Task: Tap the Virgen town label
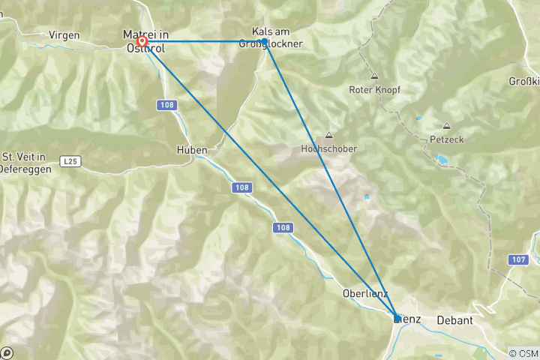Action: (64, 35)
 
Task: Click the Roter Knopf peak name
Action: (375, 90)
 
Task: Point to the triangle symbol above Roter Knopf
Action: (373, 76)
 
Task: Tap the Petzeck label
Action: (447, 139)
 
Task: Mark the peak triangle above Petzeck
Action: (447, 126)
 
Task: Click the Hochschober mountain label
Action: (328, 148)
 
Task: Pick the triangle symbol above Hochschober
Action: (328, 136)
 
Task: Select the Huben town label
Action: (192, 150)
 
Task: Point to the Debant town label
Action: (454, 320)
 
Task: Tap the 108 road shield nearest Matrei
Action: (168, 106)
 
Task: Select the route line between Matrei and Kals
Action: (202, 41)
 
